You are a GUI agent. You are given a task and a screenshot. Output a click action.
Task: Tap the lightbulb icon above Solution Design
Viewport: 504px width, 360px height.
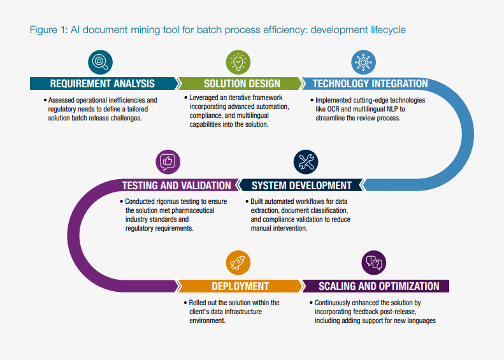(238, 62)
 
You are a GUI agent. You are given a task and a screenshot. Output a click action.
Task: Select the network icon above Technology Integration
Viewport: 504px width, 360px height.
(363, 62)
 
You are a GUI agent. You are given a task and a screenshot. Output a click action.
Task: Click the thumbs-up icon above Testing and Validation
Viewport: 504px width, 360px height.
(168, 162)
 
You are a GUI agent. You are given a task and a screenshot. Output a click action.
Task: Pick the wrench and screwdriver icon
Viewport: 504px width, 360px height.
(306, 162)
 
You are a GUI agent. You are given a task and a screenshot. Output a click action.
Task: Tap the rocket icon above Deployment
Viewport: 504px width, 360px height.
(238, 262)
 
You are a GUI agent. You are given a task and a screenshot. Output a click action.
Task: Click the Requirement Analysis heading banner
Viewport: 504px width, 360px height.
(102, 83)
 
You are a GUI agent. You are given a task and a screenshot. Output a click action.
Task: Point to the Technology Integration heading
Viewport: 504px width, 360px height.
(370, 83)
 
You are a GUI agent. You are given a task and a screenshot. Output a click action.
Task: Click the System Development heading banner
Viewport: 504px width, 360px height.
(301, 185)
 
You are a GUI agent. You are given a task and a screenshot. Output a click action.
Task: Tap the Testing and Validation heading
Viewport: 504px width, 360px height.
(176, 185)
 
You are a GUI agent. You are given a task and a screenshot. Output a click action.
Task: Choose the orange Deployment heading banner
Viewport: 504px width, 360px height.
(240, 286)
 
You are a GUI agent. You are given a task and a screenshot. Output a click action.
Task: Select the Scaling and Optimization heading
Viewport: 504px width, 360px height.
(378, 286)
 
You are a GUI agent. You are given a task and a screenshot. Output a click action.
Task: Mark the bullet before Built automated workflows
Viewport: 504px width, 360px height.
(246, 201)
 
